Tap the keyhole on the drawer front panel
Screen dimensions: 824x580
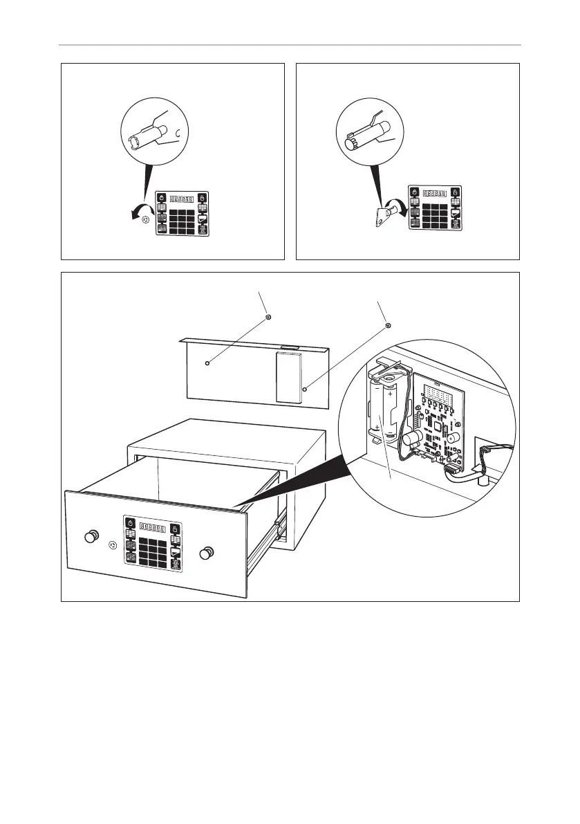pos(113,545)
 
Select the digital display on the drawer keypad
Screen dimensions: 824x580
pos(151,527)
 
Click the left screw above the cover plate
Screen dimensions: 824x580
pos(268,318)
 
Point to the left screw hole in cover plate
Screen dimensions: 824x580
pos(207,362)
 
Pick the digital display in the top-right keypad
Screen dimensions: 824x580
pos(434,193)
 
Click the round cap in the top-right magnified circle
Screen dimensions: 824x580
pos(350,143)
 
